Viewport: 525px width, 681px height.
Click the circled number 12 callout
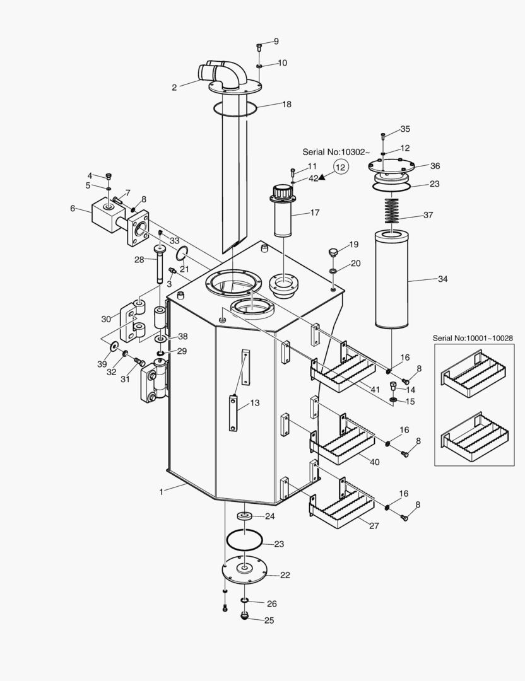point(341,166)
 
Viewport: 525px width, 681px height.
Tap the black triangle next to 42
point(322,177)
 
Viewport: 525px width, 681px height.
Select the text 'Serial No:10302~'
point(336,152)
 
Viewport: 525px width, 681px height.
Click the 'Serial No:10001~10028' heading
point(473,338)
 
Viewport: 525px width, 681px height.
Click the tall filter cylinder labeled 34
point(392,280)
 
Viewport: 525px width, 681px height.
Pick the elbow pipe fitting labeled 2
point(224,74)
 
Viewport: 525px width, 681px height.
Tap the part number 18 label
point(286,104)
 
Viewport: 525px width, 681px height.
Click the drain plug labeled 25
point(245,616)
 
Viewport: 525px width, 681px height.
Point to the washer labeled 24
point(245,516)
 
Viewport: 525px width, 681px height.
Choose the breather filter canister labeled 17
point(284,211)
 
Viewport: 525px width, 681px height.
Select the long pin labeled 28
point(160,264)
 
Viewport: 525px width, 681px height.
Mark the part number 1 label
point(162,492)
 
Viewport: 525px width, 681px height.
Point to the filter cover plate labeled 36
point(390,165)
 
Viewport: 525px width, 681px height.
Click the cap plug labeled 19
point(333,252)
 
